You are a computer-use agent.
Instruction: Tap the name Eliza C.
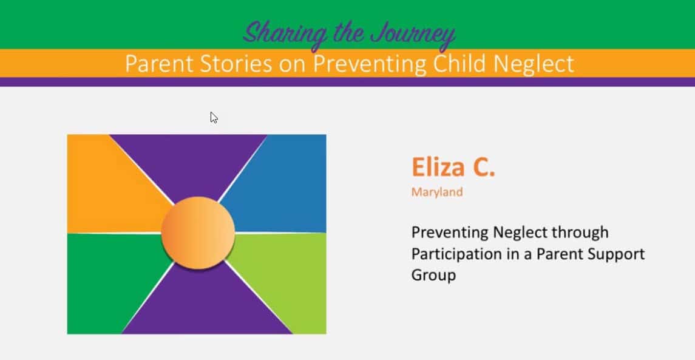click(453, 167)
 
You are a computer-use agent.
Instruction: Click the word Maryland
click(437, 192)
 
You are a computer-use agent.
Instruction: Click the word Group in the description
click(433, 276)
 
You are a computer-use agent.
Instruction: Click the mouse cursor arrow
click(214, 118)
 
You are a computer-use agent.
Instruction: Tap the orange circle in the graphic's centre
click(198, 233)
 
